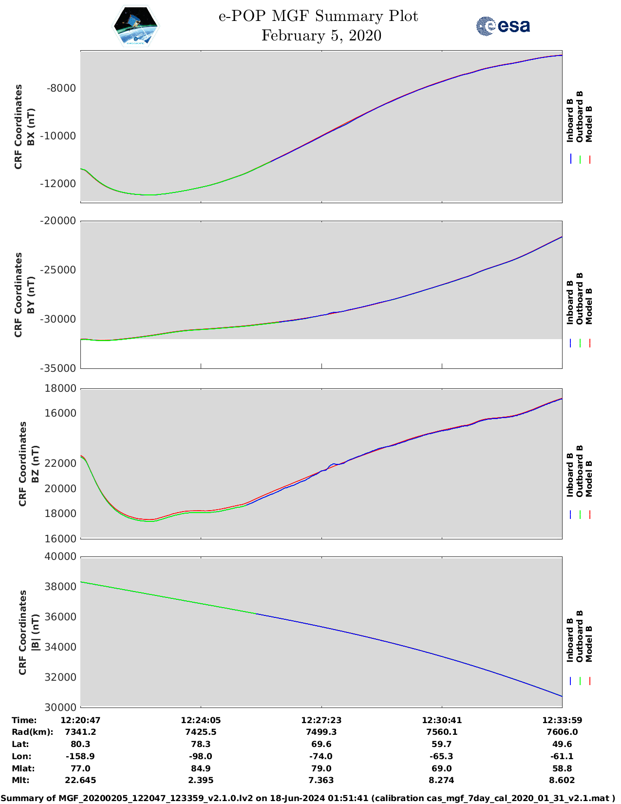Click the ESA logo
[503, 26]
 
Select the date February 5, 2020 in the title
[321, 36]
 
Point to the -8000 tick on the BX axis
[61, 88]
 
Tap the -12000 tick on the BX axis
[59, 184]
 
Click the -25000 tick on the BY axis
[59, 270]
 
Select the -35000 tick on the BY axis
[59, 368]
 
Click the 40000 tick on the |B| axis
[60, 556]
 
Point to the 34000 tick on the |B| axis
[60, 647]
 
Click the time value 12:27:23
[321, 720]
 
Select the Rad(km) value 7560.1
[441, 732]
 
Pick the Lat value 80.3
[80, 744]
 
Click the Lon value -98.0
[201, 756]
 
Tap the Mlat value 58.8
[562, 768]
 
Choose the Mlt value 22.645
[80, 780]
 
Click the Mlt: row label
[20, 780]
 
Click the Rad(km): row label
[32, 732]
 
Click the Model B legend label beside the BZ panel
[589, 479]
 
